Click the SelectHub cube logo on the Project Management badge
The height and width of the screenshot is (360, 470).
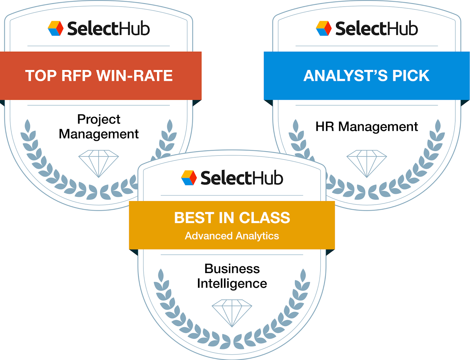pos(56,29)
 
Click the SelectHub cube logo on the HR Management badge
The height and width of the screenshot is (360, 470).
pos(324,29)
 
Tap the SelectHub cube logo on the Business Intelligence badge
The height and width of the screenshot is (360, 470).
pos(189,178)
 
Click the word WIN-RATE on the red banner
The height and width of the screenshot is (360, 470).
pos(134,76)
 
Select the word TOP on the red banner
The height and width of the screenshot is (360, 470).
pos(41,76)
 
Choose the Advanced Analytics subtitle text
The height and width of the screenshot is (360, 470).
pos(232,236)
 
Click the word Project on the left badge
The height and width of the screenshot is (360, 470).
pos(99,119)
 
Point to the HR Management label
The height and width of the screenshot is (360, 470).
pos(367,127)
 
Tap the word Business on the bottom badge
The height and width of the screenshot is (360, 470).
pos(232,268)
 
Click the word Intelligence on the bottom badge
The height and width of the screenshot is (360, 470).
pos(232,283)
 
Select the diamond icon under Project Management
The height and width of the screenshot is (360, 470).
pos(98,163)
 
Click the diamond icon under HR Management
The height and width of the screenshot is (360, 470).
pos(367,163)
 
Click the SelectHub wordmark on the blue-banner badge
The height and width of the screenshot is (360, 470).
pos(377,29)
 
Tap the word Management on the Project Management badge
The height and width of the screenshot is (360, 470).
pos(99,134)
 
